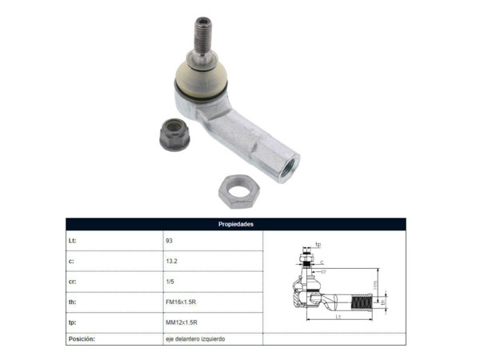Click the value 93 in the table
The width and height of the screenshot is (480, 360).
[169, 240]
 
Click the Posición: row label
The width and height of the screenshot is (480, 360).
[82, 339]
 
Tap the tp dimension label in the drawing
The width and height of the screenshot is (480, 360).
[318, 244]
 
